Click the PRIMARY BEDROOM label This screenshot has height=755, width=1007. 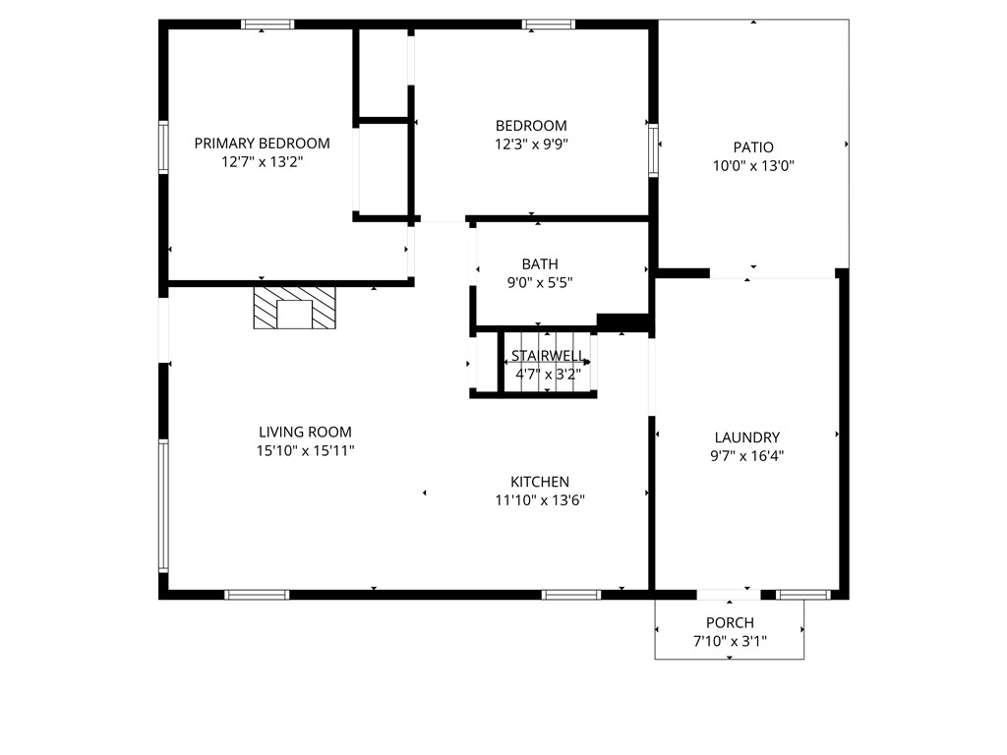262,143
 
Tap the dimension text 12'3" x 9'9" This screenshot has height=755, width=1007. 531,144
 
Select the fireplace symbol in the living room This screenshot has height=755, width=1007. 295,308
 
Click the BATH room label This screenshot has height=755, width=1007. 540,263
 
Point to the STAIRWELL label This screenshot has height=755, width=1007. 548,356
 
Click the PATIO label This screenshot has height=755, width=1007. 753,147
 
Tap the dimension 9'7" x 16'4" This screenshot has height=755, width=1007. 747,455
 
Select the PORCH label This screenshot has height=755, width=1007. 730,622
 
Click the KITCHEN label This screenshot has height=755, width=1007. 540,482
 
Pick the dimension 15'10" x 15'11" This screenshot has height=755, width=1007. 305,450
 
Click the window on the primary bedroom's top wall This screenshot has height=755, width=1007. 267,25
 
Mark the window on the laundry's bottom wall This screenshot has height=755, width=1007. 803,594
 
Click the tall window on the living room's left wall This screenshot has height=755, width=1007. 164,505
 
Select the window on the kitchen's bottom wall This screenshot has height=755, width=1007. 571,594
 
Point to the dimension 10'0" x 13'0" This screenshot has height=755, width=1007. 753,166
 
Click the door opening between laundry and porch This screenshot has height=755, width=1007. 729,594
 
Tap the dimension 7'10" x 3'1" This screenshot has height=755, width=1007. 730,641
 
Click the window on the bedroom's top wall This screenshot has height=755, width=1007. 549,25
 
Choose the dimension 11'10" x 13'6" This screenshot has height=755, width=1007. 540,499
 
